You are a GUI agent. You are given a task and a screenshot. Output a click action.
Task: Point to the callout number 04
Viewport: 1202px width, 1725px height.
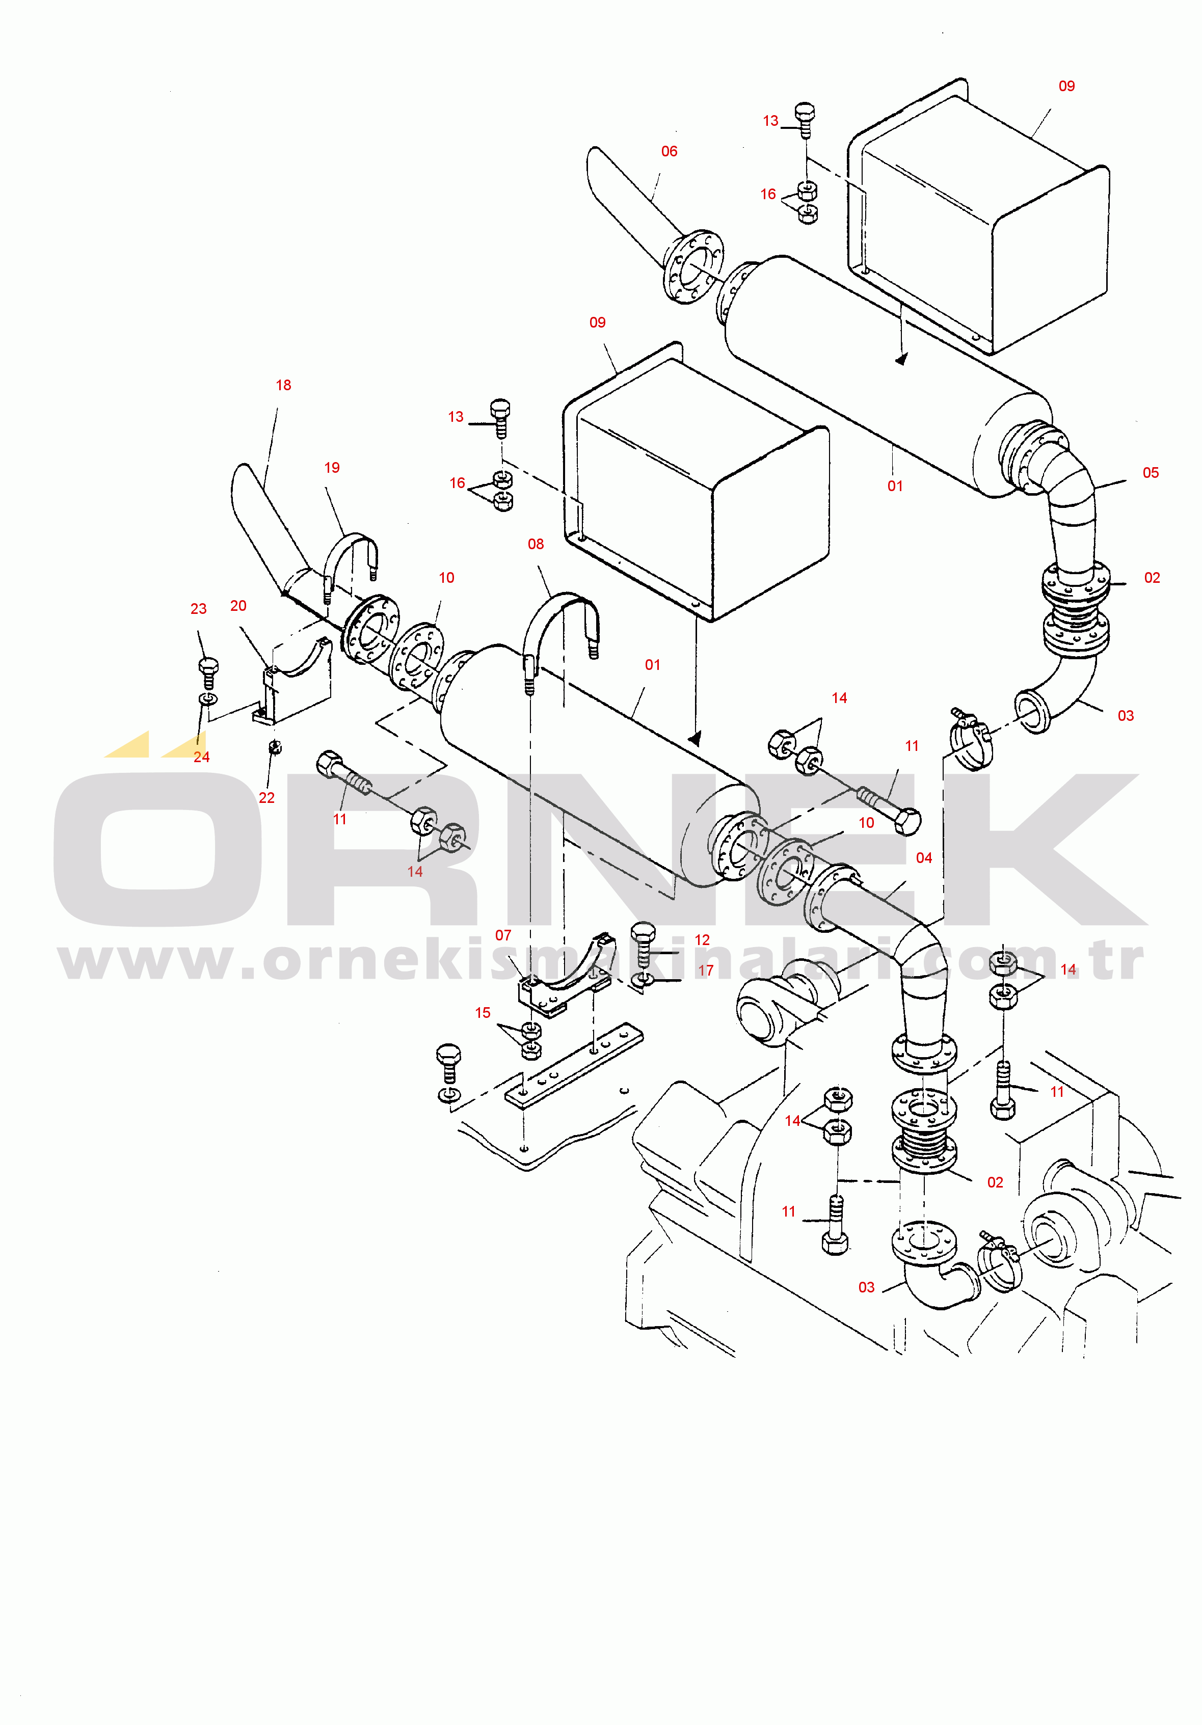tap(924, 858)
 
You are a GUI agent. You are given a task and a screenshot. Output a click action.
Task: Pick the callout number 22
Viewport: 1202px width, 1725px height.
tap(266, 798)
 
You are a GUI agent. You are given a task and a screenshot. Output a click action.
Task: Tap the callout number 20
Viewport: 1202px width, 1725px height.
tap(238, 606)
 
